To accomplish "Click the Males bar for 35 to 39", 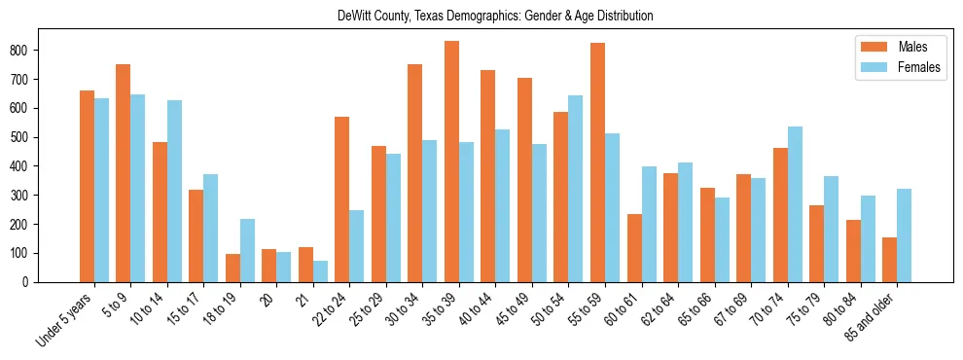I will [x=451, y=162].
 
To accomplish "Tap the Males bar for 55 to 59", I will [x=597, y=162].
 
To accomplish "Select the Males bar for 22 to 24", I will [x=342, y=199].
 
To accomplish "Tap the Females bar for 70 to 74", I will [x=795, y=204].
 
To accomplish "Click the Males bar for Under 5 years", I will [x=87, y=186].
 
